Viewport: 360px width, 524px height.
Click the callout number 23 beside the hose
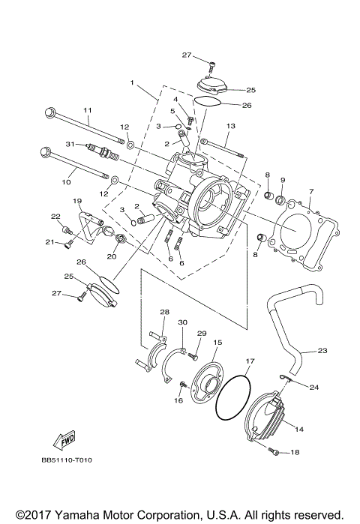[322, 350]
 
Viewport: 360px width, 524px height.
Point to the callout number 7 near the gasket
[310, 192]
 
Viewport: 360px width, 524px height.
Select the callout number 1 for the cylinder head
[131, 82]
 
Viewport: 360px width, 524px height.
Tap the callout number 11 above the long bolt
[87, 111]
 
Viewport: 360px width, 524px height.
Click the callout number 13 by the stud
[230, 126]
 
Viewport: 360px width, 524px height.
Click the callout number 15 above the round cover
[217, 342]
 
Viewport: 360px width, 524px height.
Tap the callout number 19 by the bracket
[76, 202]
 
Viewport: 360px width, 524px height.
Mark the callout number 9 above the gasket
[283, 181]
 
